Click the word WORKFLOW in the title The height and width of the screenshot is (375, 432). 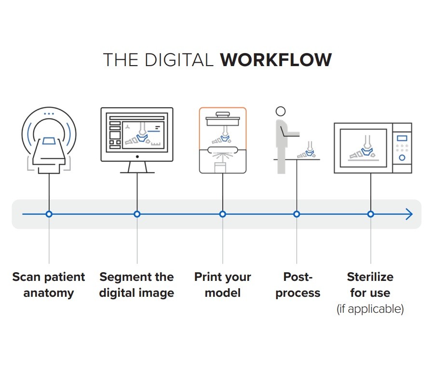pos(276,60)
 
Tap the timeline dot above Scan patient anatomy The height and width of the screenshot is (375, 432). pos(49,214)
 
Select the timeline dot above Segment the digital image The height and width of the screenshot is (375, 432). pos(137,214)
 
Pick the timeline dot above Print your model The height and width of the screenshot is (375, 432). pos(223,214)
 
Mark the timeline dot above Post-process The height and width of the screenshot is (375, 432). pos(297,214)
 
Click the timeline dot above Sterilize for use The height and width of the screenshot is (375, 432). pos(370,214)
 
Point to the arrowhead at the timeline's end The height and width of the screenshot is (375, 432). pos(409,214)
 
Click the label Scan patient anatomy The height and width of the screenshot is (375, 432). pos(49,285)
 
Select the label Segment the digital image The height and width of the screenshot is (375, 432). pos(136,285)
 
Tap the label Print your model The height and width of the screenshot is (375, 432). pos(223,285)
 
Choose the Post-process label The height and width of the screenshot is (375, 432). pos(297,285)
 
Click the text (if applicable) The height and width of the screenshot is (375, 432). pos(370,309)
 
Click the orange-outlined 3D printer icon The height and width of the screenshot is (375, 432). pos(223,140)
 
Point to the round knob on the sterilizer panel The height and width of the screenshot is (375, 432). pos(402,157)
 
